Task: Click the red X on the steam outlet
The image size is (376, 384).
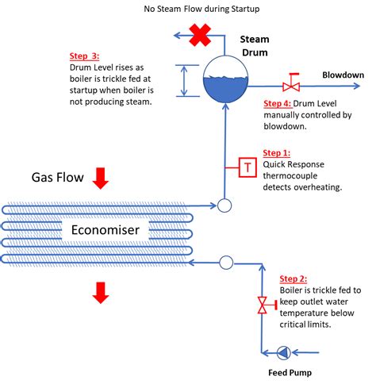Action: click(200, 35)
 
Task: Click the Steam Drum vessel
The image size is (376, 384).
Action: click(225, 79)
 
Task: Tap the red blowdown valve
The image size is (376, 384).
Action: click(291, 83)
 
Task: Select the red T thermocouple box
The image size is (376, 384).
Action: click(247, 167)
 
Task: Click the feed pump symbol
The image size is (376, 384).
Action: click(284, 352)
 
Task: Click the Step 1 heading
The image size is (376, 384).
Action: click(277, 153)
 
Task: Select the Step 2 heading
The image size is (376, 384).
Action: click(294, 278)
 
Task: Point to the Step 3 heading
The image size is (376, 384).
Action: click(84, 56)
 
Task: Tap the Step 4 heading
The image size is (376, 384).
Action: click(278, 103)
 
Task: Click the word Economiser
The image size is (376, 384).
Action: click(106, 230)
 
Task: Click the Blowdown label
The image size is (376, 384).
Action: click(343, 75)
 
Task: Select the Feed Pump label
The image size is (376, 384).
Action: click(290, 373)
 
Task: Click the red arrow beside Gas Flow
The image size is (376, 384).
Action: click(101, 178)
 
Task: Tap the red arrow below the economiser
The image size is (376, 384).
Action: click(101, 293)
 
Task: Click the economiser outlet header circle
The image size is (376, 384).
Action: click(224, 205)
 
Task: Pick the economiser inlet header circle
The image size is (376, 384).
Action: click(226, 263)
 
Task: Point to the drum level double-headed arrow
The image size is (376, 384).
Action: click(184, 81)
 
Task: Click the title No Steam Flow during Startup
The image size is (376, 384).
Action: click(201, 9)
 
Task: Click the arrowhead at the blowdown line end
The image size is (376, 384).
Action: click(357, 86)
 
